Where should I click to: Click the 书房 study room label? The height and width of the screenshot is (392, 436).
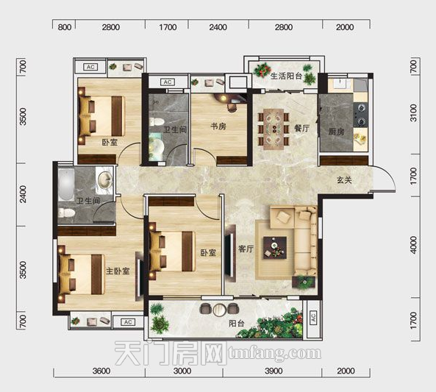(x=218, y=126)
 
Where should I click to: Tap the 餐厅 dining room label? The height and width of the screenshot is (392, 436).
(x=301, y=128)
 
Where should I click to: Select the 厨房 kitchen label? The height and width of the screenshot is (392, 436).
(x=336, y=132)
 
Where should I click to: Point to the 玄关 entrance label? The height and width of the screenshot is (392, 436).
(x=345, y=180)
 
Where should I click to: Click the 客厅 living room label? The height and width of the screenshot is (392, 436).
(x=246, y=249)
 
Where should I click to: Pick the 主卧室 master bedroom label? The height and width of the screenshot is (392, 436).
(x=118, y=271)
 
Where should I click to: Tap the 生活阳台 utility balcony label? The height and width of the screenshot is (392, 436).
(x=287, y=76)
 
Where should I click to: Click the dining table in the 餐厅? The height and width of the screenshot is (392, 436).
(x=274, y=129)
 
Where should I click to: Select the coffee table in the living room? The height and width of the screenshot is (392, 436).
(x=275, y=248)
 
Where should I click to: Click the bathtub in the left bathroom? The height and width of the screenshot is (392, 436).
(x=66, y=184)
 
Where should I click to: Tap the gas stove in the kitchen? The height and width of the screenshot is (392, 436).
(x=361, y=114)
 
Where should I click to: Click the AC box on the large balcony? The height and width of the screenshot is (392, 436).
(x=312, y=317)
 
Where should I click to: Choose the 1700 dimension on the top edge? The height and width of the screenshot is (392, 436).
(x=168, y=27)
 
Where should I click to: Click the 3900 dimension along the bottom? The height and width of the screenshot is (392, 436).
(x=274, y=371)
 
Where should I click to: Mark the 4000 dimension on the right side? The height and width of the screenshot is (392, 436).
(x=414, y=245)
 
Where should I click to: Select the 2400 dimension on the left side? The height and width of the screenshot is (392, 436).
(x=23, y=194)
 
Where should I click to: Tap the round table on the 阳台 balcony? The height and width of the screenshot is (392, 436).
(x=220, y=310)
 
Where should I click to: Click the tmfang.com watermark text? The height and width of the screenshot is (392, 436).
(x=274, y=353)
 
